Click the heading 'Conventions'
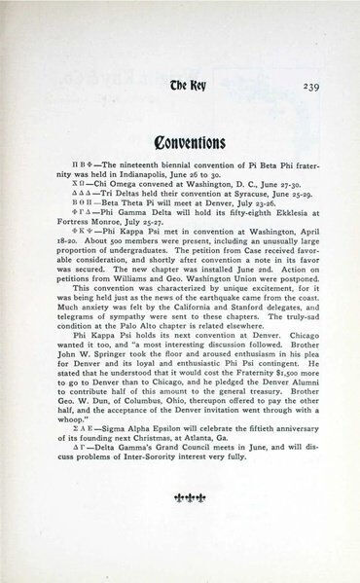tap(178, 134)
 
